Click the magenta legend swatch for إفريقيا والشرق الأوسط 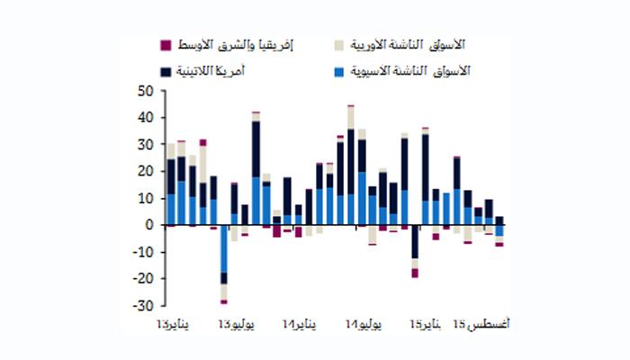click(165, 45)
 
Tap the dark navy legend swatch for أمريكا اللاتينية click(165, 69)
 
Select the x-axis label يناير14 click(299, 324)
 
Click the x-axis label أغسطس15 click(481, 324)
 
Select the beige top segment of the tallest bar click(351, 117)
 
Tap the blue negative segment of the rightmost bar click(499, 229)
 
